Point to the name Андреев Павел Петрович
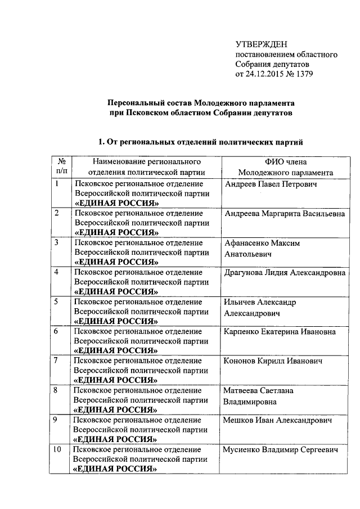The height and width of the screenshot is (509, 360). (x=271, y=184)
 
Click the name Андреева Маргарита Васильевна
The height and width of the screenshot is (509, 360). (x=284, y=214)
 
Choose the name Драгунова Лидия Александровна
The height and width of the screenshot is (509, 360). (x=284, y=272)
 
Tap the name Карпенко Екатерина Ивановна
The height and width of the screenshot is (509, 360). (x=280, y=331)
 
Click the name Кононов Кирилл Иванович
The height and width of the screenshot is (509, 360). (x=273, y=361)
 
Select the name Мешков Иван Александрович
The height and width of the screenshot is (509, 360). (x=277, y=420)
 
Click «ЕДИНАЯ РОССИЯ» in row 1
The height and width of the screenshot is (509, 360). (x=116, y=204)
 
